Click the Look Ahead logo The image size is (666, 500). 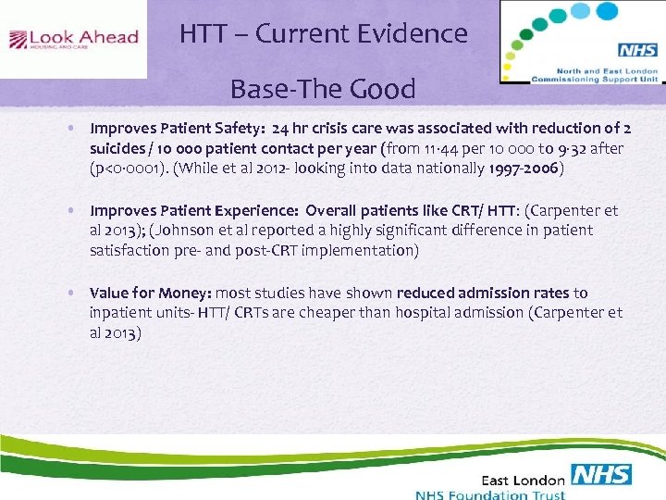(73, 39)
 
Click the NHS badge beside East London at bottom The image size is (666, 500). (601, 476)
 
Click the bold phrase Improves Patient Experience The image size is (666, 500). (193, 210)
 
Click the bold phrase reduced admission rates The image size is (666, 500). (499, 293)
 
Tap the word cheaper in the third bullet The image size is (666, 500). (313, 313)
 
